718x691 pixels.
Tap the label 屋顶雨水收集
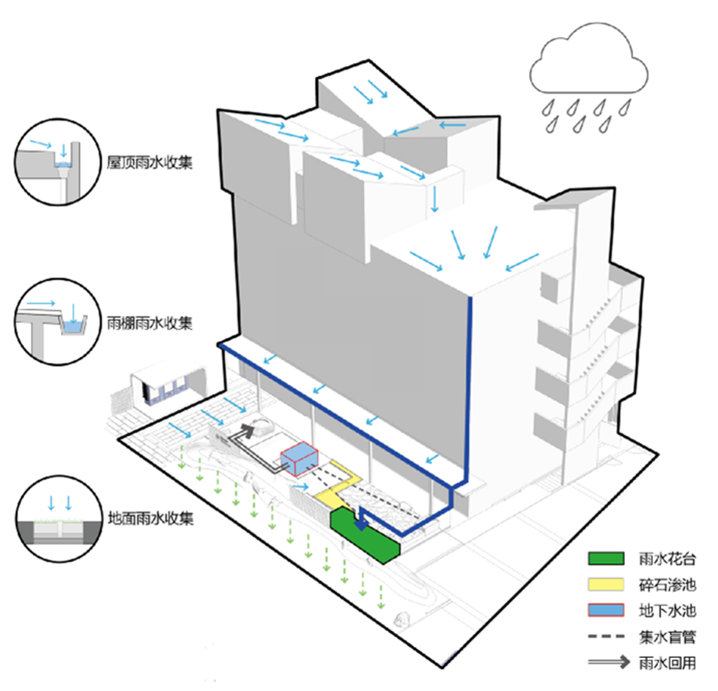point(149,163)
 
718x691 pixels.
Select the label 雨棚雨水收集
point(149,323)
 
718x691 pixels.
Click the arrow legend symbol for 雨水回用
point(607,661)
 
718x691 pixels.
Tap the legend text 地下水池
point(667,610)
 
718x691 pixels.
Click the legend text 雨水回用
point(667,661)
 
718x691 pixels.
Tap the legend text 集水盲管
point(667,635)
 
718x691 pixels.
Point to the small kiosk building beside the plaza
point(166,385)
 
